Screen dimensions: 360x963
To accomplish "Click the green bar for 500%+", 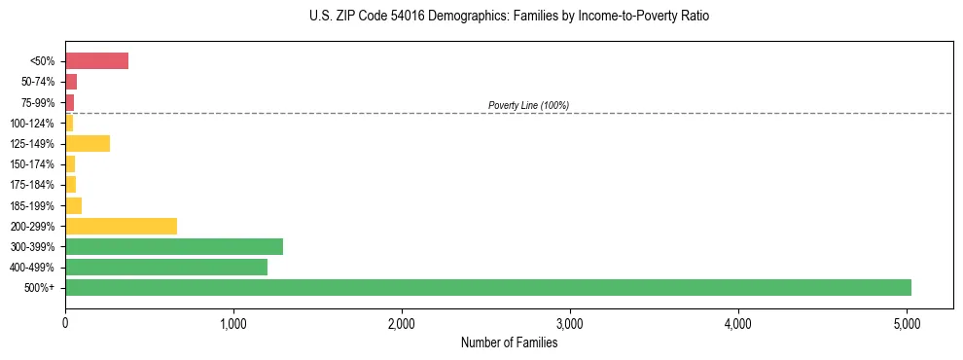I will point(487,287).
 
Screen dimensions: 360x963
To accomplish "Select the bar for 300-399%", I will point(174,246).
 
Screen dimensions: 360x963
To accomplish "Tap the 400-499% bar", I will point(166,267).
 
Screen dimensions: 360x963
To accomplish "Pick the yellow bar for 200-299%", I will point(121,226).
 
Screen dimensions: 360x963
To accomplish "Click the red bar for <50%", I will point(96,61).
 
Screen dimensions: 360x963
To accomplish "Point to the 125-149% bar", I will point(88,144).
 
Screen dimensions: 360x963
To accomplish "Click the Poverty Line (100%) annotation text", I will point(528,105).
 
